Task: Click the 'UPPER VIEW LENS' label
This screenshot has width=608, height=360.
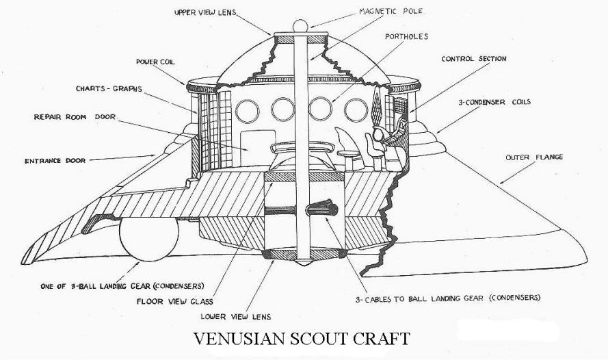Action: click(205, 12)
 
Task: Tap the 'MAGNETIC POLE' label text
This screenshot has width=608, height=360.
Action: click(391, 11)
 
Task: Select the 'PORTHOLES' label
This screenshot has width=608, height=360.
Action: click(406, 36)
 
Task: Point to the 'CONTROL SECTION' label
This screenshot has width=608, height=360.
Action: click(474, 59)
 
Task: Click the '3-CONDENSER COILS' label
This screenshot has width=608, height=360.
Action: click(494, 102)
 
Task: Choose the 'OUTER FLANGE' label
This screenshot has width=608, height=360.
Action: click(534, 157)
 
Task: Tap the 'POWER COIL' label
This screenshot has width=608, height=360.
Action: click(155, 62)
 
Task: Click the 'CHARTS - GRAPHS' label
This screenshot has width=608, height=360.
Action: click(109, 88)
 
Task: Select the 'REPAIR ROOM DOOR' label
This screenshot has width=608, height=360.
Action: click(75, 117)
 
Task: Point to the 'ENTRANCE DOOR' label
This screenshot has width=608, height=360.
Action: click(55, 161)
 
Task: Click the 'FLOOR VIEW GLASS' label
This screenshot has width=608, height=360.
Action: click(175, 301)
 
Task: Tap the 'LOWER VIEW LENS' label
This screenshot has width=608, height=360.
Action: click(236, 317)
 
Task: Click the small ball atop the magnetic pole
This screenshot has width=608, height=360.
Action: click(300, 27)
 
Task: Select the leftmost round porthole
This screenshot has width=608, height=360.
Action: click(248, 111)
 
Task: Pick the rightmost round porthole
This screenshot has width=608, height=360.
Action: click(356, 110)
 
